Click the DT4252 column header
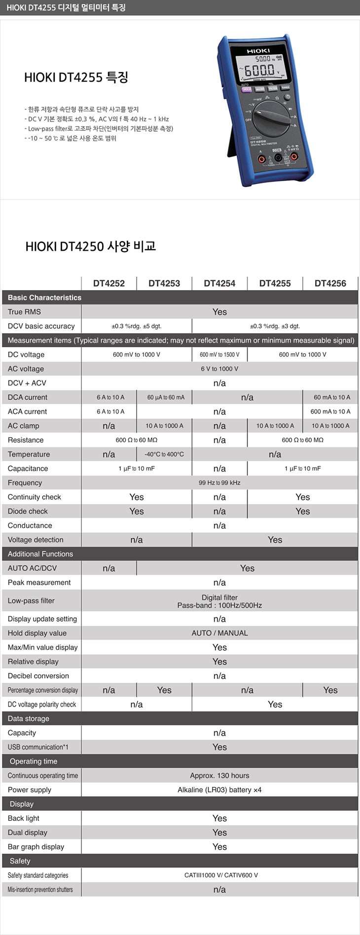[x=109, y=283]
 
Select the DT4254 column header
[x=219, y=283]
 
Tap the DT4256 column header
[x=330, y=283]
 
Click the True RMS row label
[x=25, y=312]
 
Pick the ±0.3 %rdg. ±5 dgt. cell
[x=137, y=326]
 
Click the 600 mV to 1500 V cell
[x=219, y=355]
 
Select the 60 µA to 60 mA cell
[x=164, y=397]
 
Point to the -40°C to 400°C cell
[x=164, y=454]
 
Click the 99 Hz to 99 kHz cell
[x=219, y=483]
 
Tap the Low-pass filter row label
[x=31, y=600]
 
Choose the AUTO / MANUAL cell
[x=219, y=633]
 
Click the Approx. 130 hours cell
[x=219, y=776]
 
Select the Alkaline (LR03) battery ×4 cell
[x=219, y=790]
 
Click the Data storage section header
[x=29, y=718]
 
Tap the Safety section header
[x=20, y=861]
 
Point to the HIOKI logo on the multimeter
[x=258, y=51]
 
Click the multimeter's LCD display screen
[x=262, y=69]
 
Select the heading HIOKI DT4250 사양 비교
[x=91, y=246]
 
